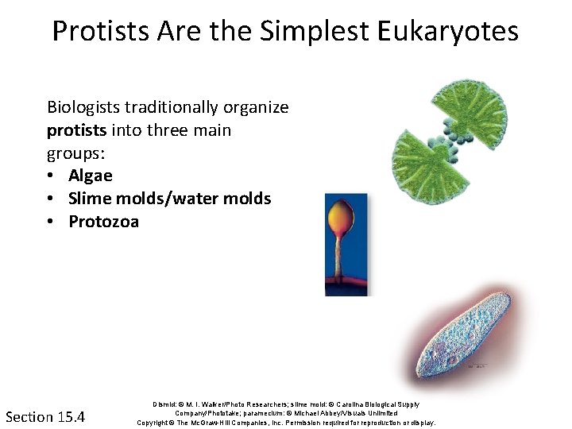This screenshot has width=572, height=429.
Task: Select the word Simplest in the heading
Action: click(x=294, y=32)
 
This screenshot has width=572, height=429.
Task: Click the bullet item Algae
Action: click(x=91, y=176)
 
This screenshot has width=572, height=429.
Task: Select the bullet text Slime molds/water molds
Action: click(x=169, y=199)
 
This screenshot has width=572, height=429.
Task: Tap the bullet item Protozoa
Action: click(x=103, y=222)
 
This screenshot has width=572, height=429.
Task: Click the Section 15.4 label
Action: click(x=45, y=416)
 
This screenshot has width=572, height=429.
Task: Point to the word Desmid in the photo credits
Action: click(x=164, y=405)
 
